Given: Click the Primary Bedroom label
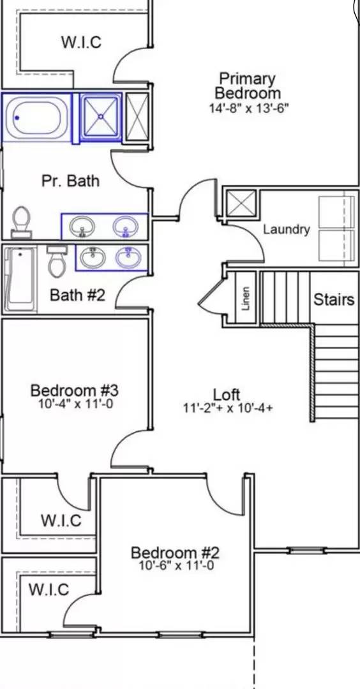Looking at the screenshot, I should click(248, 86).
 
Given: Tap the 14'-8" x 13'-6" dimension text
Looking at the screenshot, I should click(249, 108).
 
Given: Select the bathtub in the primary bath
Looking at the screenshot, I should click(38, 117).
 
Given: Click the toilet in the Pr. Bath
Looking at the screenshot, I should click(22, 222).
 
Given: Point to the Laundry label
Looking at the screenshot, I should click(287, 229).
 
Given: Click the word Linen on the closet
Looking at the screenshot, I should click(246, 298).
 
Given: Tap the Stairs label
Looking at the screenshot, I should click(333, 299).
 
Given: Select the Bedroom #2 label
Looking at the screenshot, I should click(175, 552).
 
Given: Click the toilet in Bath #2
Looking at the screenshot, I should click(56, 261).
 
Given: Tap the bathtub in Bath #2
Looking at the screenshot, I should click(19, 279).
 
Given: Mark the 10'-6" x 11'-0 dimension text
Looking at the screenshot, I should click(176, 566).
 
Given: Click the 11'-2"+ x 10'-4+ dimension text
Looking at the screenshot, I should click(229, 408).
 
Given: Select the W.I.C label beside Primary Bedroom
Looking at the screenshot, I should click(81, 42).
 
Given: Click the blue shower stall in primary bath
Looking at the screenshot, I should click(102, 116).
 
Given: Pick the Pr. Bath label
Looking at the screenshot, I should click(70, 181).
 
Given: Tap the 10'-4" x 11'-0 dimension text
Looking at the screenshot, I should click(75, 403).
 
